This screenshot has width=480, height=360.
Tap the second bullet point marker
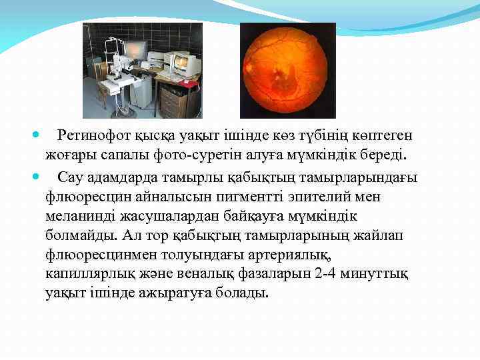click(35, 177)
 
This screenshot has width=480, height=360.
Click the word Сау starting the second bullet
click(69, 177)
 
